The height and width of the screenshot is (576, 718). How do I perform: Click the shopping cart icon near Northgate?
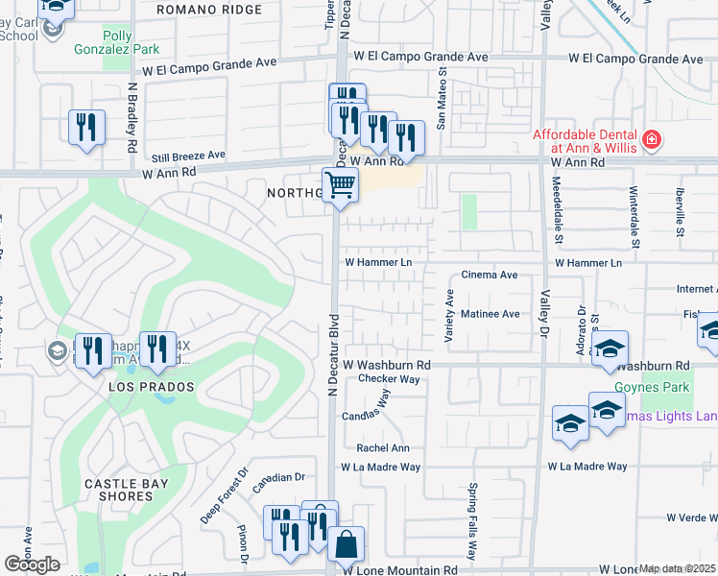[340, 183]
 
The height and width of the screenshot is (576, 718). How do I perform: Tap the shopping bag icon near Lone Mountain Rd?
[346, 545]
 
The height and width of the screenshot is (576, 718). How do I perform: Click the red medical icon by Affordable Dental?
[652, 140]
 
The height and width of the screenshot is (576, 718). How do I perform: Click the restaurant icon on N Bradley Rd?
[86, 127]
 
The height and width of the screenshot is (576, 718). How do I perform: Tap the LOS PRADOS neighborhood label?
[152, 386]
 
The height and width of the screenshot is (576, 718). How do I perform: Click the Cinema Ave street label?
[490, 275]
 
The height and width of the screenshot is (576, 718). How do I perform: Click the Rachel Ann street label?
[383, 447]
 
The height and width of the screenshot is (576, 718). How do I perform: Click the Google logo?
[32, 564]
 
